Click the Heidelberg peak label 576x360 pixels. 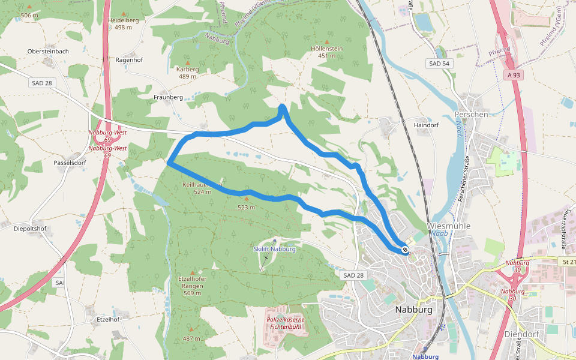tap(124, 20)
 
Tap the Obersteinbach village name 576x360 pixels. tap(48, 52)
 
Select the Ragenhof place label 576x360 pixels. tap(129, 60)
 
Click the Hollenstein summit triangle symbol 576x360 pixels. tap(327, 41)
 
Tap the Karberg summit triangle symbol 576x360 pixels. tap(187, 62)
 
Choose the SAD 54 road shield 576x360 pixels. tap(439, 64)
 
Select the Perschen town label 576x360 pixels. tap(471, 114)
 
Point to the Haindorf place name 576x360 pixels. tap(427, 125)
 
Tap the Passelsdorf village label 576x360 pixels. tap(70, 163)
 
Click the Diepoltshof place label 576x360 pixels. tap(30, 229)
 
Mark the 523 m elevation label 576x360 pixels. tap(246, 208)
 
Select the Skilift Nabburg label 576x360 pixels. tap(274, 249)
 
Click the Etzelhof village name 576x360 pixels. tap(108, 319)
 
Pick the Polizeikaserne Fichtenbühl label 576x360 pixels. tap(286, 323)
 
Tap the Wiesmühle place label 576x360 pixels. tap(449, 226)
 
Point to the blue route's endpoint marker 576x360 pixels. tap(406, 250)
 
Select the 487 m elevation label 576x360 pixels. tap(192, 338)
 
